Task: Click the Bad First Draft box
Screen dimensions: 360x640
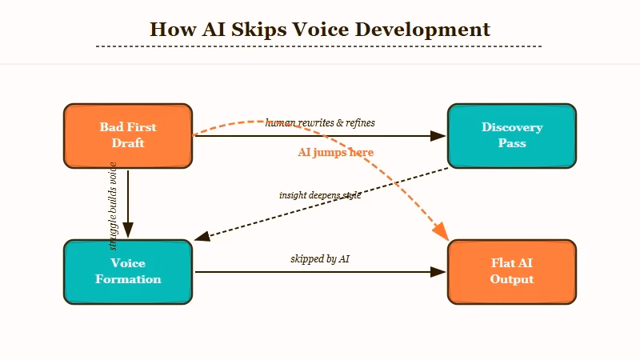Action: pyautogui.click(x=128, y=136)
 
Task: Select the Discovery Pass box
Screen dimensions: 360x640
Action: pyautogui.click(x=512, y=136)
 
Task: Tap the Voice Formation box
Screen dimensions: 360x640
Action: pyautogui.click(x=128, y=272)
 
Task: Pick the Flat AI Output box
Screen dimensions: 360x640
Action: pyautogui.click(x=512, y=272)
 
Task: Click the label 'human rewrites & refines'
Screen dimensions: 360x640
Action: pyautogui.click(x=320, y=123)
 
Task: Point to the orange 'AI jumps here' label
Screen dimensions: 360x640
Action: pyautogui.click(x=335, y=152)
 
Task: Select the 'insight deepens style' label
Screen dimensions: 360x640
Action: pyautogui.click(x=319, y=195)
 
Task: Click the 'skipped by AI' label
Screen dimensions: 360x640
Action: pyautogui.click(x=319, y=259)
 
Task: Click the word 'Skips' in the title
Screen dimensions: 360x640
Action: pyautogui.click(x=256, y=30)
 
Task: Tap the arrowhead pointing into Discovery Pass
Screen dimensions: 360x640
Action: pyautogui.click(x=438, y=136)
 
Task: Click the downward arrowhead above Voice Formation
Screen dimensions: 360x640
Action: pyautogui.click(x=128, y=231)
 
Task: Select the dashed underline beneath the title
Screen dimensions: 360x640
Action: pyautogui.click(x=319, y=47)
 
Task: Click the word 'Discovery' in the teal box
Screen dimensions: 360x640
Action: pyautogui.click(x=512, y=127)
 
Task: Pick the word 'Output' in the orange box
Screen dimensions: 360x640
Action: pyautogui.click(x=512, y=280)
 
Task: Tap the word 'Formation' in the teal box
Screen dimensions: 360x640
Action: pyautogui.click(x=128, y=280)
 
